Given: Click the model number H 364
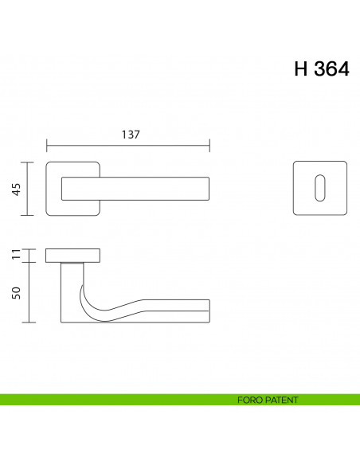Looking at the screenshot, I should [x=321, y=69].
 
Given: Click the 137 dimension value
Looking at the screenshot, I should [x=131, y=135].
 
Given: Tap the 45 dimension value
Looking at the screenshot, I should [x=15, y=189].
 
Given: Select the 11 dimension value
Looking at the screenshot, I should [x=15, y=256].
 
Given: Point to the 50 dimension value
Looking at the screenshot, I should [x=15, y=292].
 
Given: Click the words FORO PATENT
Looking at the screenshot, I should [x=268, y=400].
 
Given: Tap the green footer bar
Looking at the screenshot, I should [x=119, y=400].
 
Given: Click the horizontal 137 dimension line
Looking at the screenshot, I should [x=96, y=146].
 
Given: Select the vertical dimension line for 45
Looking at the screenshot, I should [x=29, y=189].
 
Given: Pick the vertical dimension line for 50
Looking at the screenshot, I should [x=29, y=292].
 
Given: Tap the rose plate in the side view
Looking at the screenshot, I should [x=73, y=256].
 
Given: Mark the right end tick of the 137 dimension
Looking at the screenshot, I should [x=209, y=146].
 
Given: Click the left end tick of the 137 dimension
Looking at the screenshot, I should [x=47, y=146].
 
